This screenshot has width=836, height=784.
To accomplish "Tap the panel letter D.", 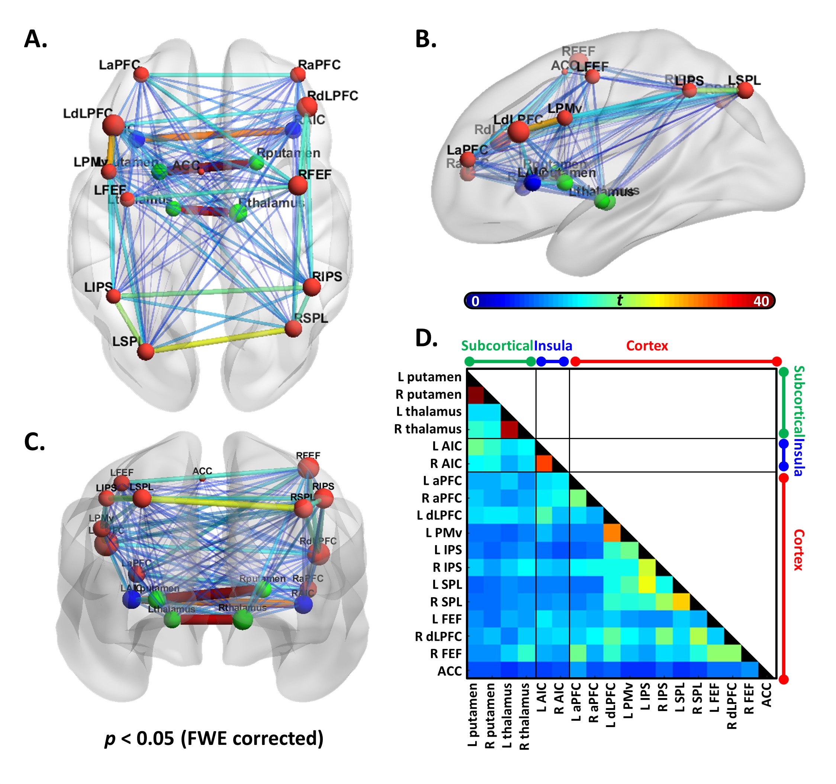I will point(426,338).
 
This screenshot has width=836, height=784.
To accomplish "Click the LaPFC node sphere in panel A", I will point(141,75).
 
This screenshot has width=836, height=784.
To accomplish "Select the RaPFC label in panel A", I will point(319,65).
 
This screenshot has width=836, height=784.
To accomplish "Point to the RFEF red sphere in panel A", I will point(298,185).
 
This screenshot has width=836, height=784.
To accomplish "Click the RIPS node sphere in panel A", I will point(312,287).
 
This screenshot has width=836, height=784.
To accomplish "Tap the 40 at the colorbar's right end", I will point(761,301).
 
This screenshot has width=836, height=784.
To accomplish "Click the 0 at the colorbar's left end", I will point(475,301).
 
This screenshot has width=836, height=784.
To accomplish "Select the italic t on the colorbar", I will point(620,300).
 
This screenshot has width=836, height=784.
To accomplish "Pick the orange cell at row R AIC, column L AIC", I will point(544,464).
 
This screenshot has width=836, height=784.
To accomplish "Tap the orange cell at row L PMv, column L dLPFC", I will point(612,533).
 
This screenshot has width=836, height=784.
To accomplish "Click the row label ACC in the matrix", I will point(449,671).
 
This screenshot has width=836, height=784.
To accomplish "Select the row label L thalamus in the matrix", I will point(428,412).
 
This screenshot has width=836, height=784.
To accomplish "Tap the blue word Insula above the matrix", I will point(553,346).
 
